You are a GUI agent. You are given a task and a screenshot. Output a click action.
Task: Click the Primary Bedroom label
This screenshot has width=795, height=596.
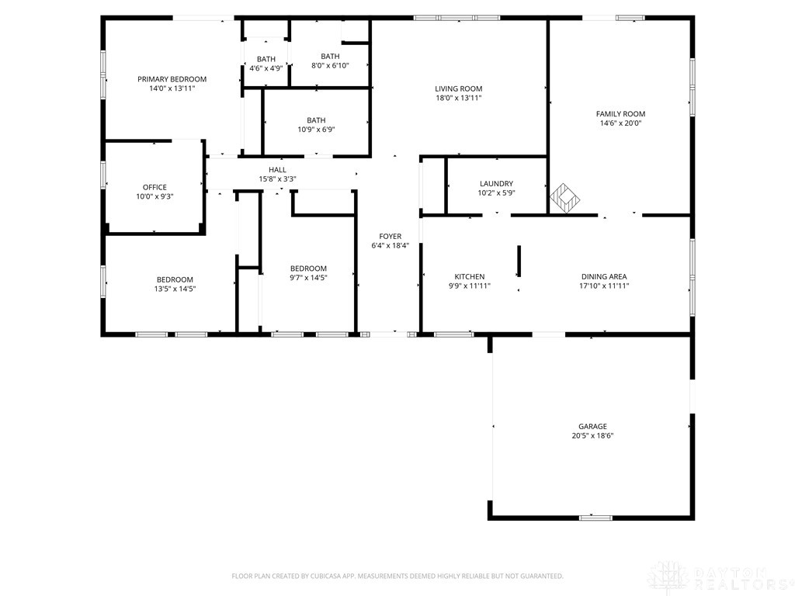tap(172, 79)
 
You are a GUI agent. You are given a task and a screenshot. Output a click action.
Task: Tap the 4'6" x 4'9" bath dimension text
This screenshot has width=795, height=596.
tap(266, 68)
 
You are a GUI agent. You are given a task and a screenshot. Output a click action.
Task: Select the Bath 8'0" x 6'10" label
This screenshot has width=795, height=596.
tap(330, 61)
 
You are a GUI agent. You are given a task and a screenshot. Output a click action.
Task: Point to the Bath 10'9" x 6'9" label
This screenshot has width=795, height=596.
tap(316, 125)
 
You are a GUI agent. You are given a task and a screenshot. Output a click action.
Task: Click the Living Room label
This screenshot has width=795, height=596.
tap(458, 88)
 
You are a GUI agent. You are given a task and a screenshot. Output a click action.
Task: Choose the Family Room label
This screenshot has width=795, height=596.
tap(620, 114)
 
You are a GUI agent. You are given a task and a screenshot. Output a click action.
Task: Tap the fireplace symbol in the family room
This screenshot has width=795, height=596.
tap(565, 198)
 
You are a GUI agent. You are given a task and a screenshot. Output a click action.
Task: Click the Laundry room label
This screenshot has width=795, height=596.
tap(496, 183)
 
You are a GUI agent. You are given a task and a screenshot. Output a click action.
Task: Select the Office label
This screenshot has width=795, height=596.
tap(154, 187)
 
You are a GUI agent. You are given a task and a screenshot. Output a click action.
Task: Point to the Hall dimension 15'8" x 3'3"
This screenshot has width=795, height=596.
tap(277, 179)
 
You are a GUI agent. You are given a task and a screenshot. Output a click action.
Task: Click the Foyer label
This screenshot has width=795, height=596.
tap(390, 236)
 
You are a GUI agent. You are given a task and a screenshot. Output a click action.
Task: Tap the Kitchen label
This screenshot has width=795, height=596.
tap(470, 277)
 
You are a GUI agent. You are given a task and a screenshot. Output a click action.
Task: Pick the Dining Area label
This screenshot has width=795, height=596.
tap(604, 277)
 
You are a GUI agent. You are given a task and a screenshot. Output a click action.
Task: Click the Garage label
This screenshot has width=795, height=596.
tap(592, 426)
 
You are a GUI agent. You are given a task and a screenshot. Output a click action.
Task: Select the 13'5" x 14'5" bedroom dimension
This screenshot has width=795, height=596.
tap(175, 289)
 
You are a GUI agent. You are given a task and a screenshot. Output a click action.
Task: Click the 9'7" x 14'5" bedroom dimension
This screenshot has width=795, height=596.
tap(308, 278)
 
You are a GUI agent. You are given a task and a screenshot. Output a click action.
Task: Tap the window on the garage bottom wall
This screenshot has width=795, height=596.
tap(595, 518)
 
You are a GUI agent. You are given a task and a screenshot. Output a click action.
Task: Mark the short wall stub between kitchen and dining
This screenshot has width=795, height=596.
tap(518, 261)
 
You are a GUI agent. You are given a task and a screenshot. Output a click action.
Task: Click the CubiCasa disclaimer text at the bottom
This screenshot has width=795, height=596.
tap(397, 576)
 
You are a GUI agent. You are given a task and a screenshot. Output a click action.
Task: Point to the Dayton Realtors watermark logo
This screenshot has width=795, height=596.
tap(720, 577)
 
